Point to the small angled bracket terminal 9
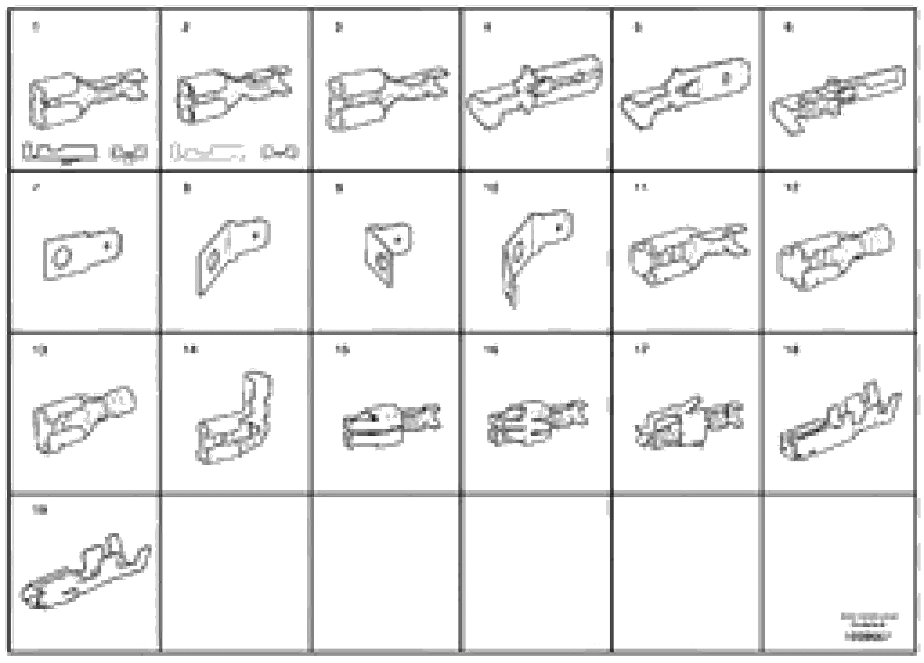point(387,253)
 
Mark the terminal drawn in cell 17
point(689,423)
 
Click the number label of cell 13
point(40,349)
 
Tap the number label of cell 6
point(789,27)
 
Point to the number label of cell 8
point(187,188)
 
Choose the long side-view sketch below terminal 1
point(60,153)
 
